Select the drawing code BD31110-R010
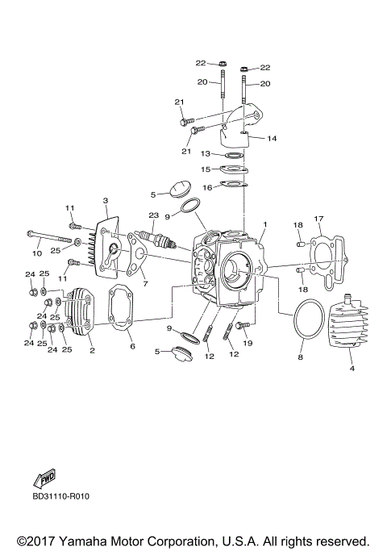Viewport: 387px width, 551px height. pos(60,496)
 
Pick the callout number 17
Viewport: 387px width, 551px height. pos(318,219)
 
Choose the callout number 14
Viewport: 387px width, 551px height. pos(272,139)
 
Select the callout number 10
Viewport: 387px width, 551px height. pos(35,253)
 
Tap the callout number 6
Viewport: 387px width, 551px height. pos(132,346)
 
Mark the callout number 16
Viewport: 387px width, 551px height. pos(207,187)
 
